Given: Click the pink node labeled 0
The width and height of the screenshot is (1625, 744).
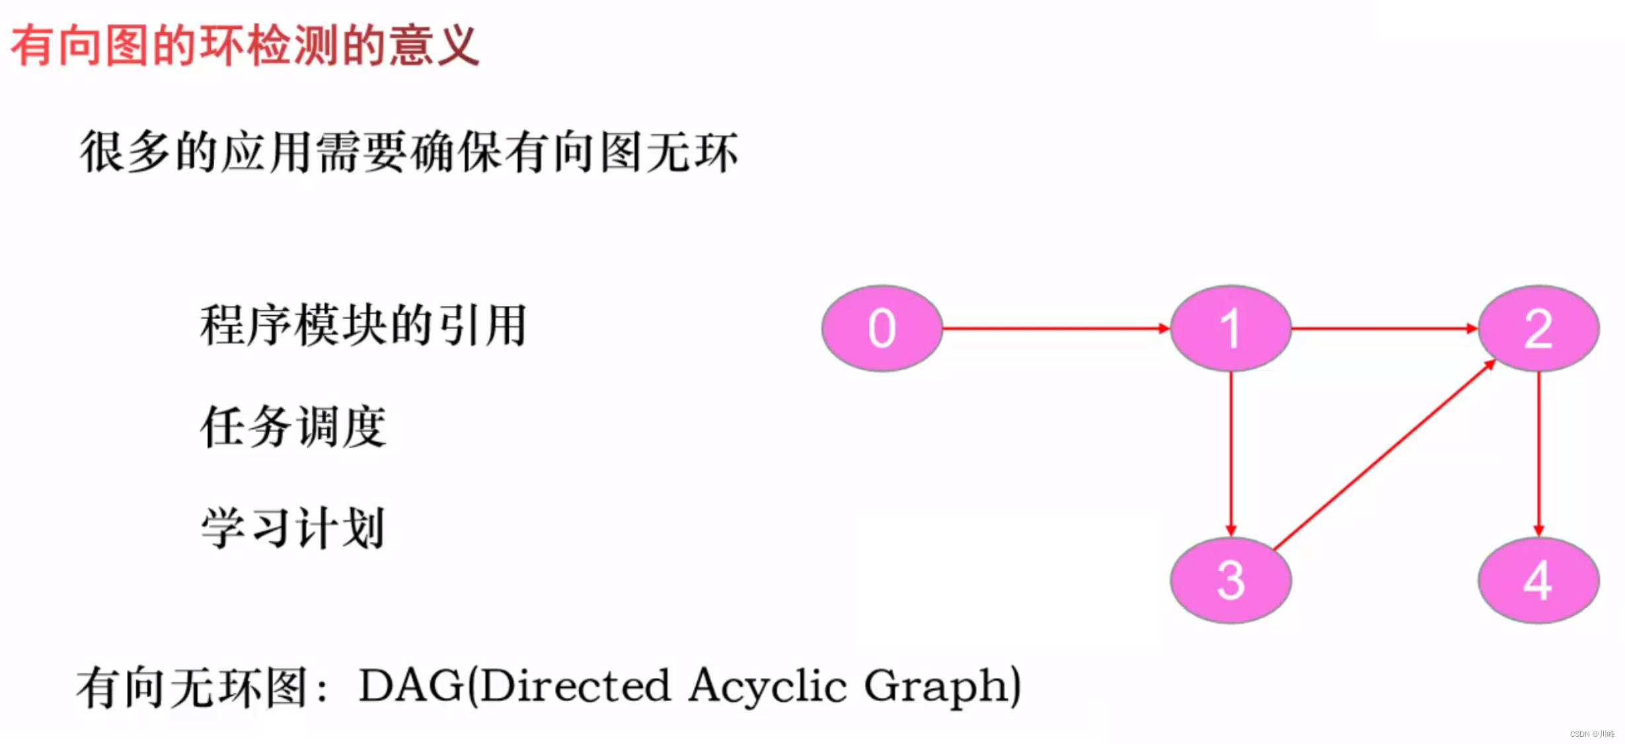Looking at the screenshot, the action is (882, 328).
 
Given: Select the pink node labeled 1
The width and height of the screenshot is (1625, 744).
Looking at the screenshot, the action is (1230, 328).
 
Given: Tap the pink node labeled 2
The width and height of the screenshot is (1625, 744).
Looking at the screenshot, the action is (1538, 328).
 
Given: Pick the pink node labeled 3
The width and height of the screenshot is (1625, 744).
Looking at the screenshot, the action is (1230, 580).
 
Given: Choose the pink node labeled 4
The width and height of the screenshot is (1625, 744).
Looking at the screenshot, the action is (1538, 580).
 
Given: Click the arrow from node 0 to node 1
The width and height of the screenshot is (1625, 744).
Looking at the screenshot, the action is (1056, 328).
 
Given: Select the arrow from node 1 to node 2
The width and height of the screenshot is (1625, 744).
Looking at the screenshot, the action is (1384, 328).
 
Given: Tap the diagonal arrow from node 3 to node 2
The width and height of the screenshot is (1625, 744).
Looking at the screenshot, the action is (1384, 456).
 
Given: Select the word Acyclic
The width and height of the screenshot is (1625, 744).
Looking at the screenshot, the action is (767, 686).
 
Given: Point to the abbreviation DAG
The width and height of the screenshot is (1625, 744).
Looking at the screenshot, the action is (411, 686).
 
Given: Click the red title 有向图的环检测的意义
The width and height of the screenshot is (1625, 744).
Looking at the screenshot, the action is (245, 46).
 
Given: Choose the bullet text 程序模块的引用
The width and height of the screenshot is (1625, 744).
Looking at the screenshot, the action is (363, 325).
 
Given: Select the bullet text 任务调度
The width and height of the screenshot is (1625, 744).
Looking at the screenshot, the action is (293, 427).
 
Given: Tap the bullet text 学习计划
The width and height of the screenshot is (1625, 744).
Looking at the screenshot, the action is (293, 528).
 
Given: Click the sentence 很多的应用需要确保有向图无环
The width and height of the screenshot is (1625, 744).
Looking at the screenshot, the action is (408, 152).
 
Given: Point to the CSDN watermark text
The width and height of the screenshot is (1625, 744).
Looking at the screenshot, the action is (1591, 733).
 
